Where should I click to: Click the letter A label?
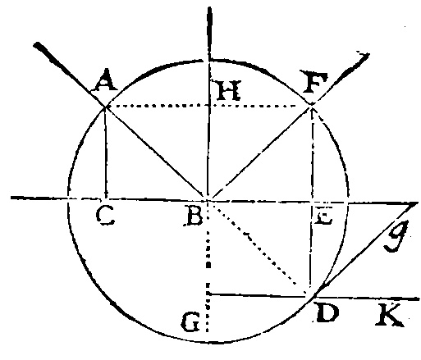coord(105,80)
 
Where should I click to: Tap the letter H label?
coord(228,90)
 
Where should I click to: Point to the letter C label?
coord(105,216)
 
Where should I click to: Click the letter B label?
coord(194,216)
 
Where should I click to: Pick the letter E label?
coord(323,218)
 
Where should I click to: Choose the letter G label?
coord(190,322)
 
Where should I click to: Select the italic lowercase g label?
coord(396,235)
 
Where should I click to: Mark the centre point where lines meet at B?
coord(208,200)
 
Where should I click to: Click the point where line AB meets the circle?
coord(105,107)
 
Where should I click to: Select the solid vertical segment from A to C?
coord(106,153)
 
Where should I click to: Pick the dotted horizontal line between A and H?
coord(157,106)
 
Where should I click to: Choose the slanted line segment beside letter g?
coord(366,249)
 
